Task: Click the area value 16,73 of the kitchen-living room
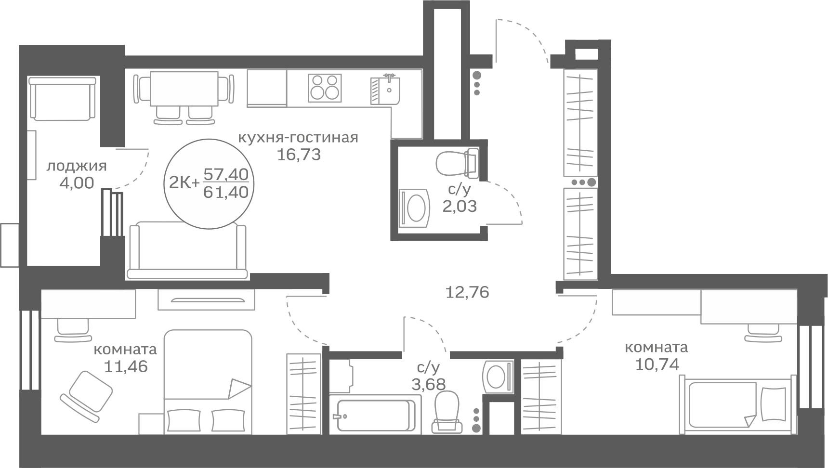(x=299, y=155)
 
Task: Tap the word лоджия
(x=76, y=167)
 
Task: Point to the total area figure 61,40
(x=226, y=193)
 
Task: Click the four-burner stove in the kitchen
(x=325, y=88)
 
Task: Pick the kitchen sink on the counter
(x=385, y=90)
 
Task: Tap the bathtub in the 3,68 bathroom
(x=372, y=413)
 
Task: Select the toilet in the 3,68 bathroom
(x=447, y=412)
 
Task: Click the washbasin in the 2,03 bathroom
(x=414, y=208)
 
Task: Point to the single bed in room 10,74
(x=737, y=403)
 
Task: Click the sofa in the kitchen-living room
(x=187, y=250)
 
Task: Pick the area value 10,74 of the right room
(x=657, y=364)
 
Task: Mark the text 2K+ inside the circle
(x=184, y=183)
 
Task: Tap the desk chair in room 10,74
(x=763, y=332)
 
